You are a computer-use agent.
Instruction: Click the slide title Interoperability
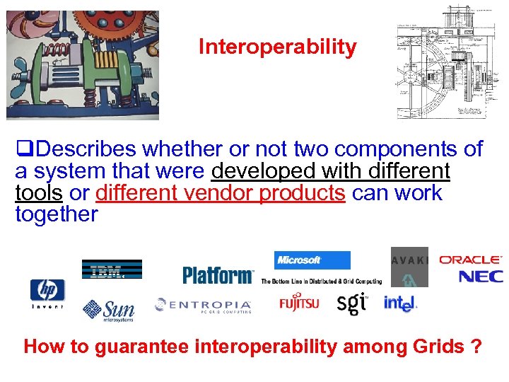coord(277,47)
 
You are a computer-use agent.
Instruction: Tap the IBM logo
coord(112,270)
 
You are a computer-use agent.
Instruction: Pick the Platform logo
coord(218,274)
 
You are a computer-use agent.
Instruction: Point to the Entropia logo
coord(203,305)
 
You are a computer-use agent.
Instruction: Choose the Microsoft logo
coord(312,260)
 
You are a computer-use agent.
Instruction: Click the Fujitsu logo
coord(299,303)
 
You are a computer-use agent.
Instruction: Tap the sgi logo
coord(351,303)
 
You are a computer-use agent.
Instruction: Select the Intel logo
coord(400,303)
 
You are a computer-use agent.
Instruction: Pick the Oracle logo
coord(470,260)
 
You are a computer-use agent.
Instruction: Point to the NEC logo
coord(481,276)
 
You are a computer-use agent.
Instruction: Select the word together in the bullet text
coord(57,214)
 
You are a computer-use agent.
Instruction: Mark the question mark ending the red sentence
coord(477,347)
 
